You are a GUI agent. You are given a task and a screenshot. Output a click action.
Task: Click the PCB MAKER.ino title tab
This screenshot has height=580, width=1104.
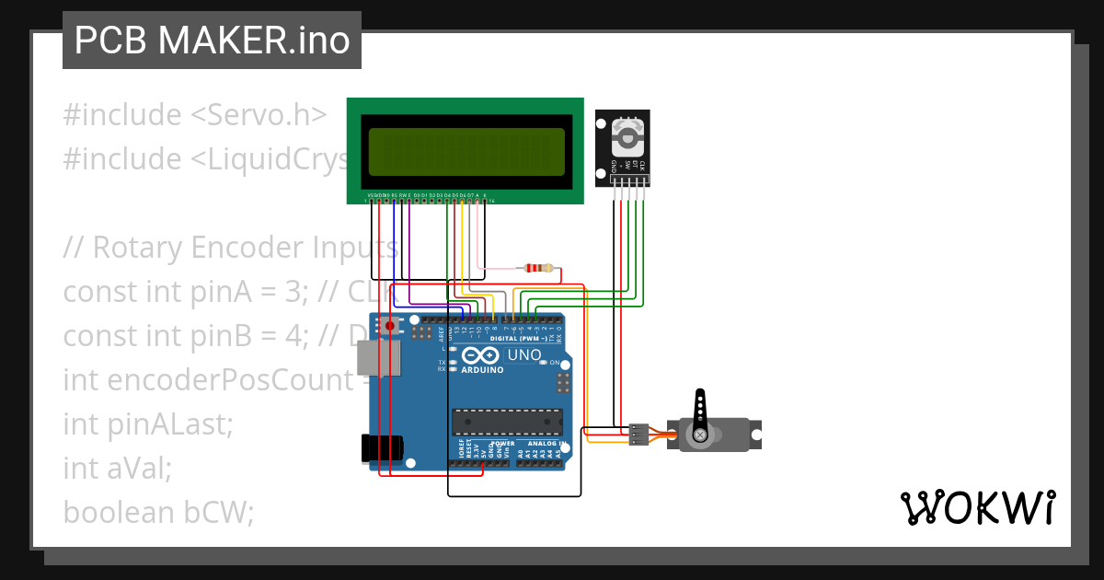[212, 41]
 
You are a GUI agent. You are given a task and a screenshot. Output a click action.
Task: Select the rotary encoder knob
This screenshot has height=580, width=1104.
[628, 139]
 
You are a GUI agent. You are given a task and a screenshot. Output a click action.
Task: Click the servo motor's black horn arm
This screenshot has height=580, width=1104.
[700, 412]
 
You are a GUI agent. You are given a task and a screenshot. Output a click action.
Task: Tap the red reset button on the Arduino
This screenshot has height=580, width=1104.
[390, 326]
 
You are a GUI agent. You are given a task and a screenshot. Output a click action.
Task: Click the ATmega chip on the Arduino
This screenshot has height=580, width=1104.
[506, 421]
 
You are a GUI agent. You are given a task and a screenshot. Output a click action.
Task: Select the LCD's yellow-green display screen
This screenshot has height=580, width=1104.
[466, 152]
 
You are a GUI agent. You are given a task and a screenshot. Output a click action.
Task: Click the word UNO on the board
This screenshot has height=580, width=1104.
[524, 354]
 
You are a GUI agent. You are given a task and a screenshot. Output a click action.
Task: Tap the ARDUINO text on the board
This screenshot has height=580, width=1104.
[483, 370]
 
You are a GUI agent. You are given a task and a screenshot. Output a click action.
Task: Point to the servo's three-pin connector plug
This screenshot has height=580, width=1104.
[638, 435]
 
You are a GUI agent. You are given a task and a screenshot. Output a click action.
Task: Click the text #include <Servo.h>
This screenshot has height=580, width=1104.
[195, 115]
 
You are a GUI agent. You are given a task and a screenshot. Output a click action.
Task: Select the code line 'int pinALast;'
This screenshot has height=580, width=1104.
[148, 424]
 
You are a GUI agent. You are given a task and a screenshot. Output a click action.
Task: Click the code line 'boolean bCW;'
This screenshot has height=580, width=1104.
[158, 512]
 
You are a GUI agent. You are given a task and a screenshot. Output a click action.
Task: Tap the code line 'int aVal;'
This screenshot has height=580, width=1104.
[118, 468]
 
